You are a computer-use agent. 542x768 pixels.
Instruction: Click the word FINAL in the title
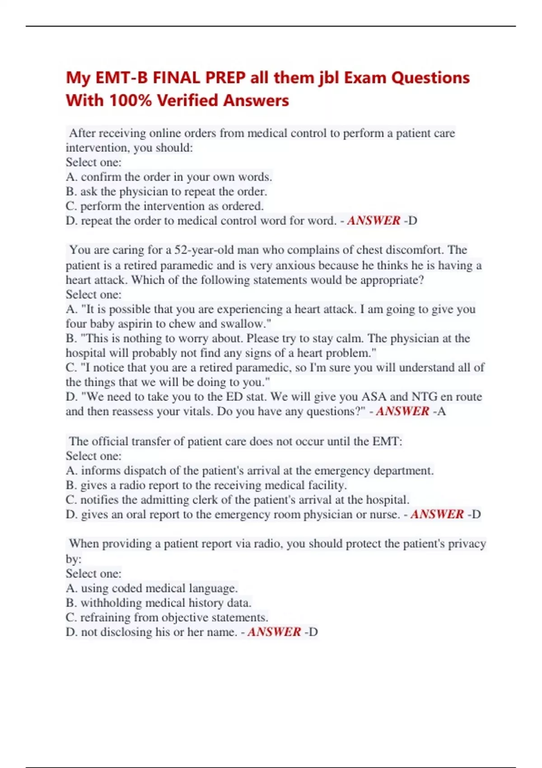pyautogui.click(x=177, y=78)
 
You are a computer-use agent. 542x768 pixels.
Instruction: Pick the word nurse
pyautogui.click(x=384, y=515)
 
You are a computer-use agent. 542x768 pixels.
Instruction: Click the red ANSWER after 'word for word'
pyautogui.click(x=374, y=220)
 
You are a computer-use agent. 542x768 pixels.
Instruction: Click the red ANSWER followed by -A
pyautogui.click(x=402, y=411)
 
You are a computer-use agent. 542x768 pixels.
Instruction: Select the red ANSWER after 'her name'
pyautogui.click(x=274, y=632)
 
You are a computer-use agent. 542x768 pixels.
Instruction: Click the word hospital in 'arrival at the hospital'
pyautogui.click(x=387, y=500)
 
